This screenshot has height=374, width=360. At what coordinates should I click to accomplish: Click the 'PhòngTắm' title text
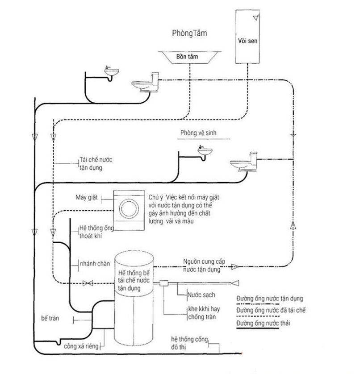click(189, 33)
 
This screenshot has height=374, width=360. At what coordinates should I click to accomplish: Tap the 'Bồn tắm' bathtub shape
click(189, 57)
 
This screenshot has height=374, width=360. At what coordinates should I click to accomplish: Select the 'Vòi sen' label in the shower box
click(247, 41)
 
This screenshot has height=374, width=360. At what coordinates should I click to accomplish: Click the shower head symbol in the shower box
click(256, 17)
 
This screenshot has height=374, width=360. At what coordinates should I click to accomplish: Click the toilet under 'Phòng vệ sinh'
click(244, 162)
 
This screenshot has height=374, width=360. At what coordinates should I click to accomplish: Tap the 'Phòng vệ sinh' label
click(198, 133)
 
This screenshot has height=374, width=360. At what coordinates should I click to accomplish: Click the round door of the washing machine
click(129, 208)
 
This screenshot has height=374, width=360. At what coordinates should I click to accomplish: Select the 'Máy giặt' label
click(87, 197)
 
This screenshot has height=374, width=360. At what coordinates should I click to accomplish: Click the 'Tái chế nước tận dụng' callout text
click(96, 164)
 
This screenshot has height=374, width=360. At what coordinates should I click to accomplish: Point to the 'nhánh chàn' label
click(95, 264)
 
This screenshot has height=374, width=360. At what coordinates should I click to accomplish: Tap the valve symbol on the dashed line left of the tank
click(88, 283)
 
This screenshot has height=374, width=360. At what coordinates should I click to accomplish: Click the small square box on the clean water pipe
click(164, 283)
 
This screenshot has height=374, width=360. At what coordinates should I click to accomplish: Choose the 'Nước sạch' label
click(201, 295)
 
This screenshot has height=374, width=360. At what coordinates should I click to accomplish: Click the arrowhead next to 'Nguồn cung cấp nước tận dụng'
click(235, 266)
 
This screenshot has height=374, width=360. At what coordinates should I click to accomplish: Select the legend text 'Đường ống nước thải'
click(263, 323)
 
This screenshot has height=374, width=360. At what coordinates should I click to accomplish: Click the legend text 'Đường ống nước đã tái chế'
click(271, 310)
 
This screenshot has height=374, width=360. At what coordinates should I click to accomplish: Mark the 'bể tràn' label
click(50, 318)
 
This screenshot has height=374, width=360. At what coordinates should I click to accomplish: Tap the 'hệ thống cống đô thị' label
click(189, 343)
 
